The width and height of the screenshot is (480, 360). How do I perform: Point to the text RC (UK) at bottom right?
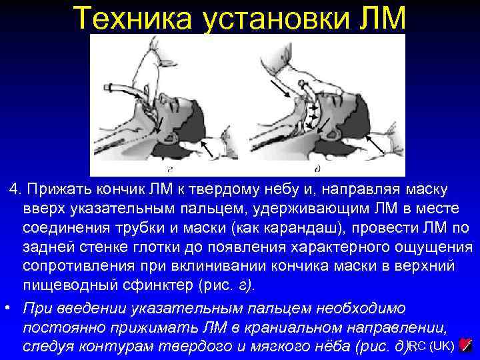pyautogui.click(x=433, y=345)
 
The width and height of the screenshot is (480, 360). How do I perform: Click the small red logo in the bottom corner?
pyautogui.click(x=467, y=345)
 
